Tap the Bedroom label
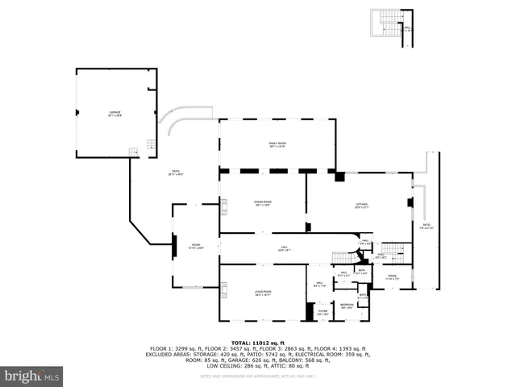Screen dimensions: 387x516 [346, 305]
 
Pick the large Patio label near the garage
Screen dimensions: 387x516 [173, 172]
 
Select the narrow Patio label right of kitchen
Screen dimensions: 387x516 [427, 227]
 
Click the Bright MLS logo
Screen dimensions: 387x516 [31, 376]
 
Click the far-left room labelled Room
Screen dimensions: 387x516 [195, 247]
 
